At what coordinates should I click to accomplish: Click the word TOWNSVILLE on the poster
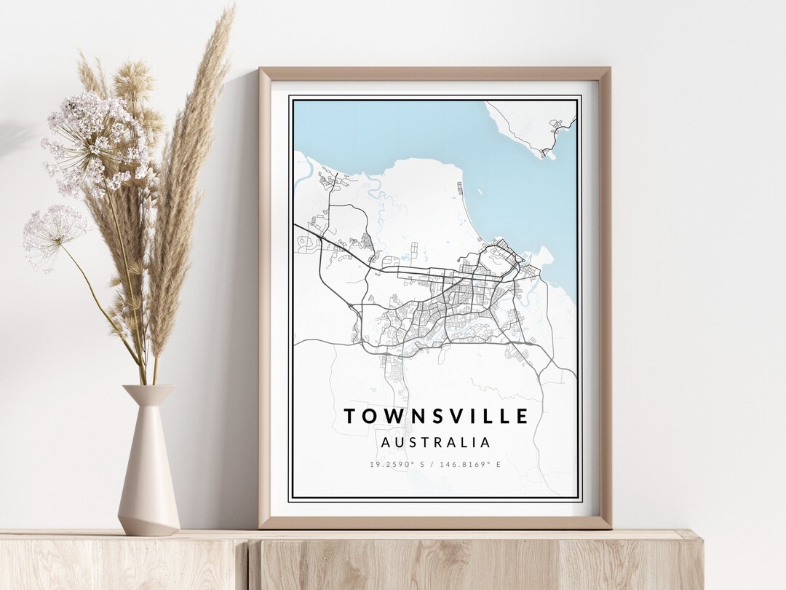pyautogui.click(x=436, y=416)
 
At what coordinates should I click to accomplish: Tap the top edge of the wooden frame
pyautogui.click(x=434, y=74)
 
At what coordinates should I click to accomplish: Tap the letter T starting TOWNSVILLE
pyautogui.click(x=349, y=417)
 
